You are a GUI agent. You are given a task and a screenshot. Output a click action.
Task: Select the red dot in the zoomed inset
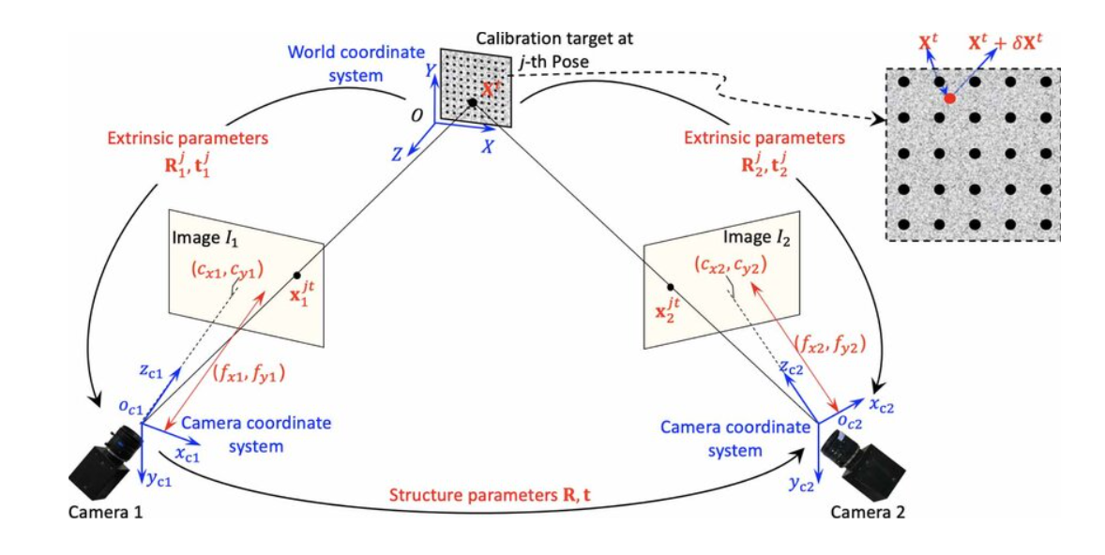click(949, 97)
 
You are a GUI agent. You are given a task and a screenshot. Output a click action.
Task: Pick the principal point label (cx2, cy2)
click(732, 265)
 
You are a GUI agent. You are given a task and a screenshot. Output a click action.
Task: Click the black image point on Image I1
click(296, 276)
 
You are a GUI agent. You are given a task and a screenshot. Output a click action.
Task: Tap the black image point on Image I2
click(670, 286)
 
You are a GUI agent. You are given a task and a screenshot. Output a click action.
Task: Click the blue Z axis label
click(397, 154)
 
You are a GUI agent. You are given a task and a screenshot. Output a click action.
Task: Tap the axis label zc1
click(150, 371)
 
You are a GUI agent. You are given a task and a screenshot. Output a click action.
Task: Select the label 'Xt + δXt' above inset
click(1016, 44)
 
